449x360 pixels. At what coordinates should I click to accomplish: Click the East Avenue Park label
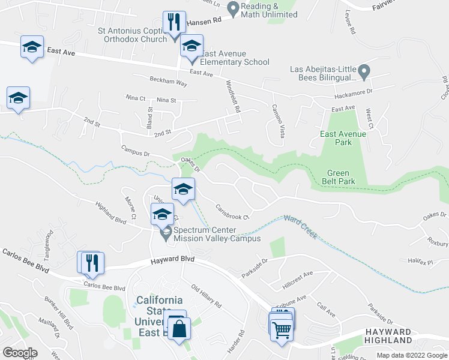click(343, 139)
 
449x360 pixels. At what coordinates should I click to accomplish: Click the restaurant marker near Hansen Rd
click(174, 23)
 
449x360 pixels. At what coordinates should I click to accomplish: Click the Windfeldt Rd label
click(234, 98)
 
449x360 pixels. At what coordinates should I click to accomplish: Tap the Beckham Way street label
click(168, 82)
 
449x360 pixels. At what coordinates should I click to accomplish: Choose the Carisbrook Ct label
click(232, 213)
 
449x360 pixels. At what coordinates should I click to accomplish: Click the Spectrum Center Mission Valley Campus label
click(217, 234)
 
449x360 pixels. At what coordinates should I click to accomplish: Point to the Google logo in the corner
click(20, 353)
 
